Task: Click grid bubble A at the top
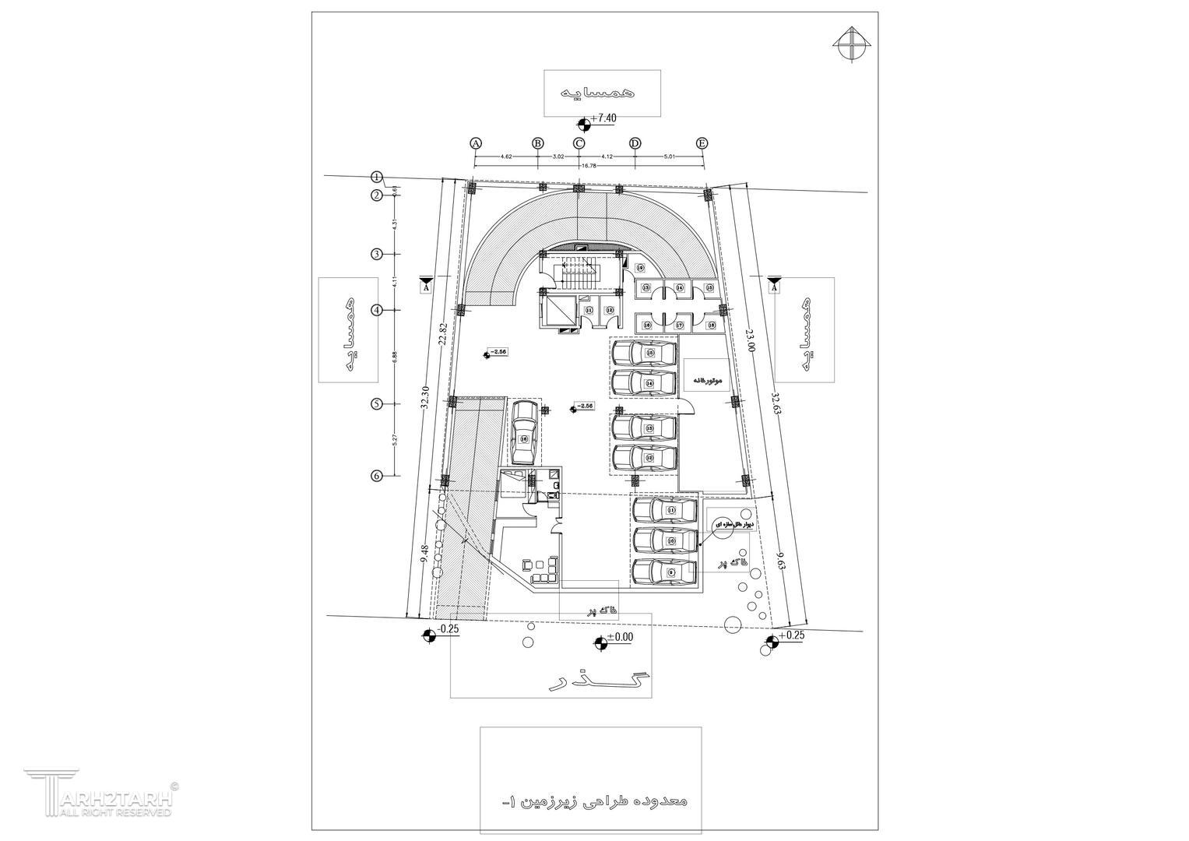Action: tap(477, 143)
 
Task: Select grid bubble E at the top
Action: tap(702, 143)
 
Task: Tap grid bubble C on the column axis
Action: tap(579, 143)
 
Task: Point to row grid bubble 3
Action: tap(376, 254)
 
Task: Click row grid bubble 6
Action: tap(376, 476)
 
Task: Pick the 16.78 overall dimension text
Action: tap(588, 166)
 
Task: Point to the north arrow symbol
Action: tap(852, 42)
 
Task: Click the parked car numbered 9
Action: tap(664, 572)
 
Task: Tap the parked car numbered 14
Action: tap(644, 382)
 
